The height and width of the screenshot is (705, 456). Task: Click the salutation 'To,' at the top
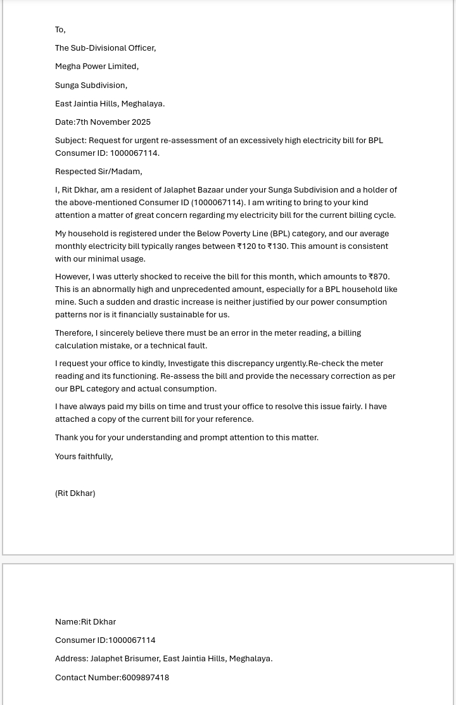click(x=60, y=30)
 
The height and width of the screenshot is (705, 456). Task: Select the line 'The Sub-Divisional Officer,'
click(x=105, y=48)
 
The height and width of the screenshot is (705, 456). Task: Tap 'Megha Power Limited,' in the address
click(x=96, y=67)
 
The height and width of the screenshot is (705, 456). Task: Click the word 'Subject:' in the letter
click(x=70, y=141)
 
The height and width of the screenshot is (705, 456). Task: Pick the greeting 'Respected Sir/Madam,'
click(x=98, y=172)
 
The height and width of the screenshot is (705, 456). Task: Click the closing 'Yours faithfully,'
click(x=84, y=457)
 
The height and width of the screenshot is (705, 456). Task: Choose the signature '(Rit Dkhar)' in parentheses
click(x=75, y=493)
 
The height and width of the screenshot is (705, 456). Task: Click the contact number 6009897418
click(x=145, y=678)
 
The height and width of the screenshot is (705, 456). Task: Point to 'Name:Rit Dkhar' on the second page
click(x=85, y=622)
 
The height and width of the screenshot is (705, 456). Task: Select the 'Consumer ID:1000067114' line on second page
click(x=105, y=640)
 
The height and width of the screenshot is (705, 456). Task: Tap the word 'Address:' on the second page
click(x=72, y=659)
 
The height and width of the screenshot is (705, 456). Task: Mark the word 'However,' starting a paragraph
click(x=72, y=277)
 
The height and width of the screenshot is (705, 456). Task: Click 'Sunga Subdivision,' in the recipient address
click(x=91, y=86)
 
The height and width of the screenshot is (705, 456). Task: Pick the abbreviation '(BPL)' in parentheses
click(x=280, y=234)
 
